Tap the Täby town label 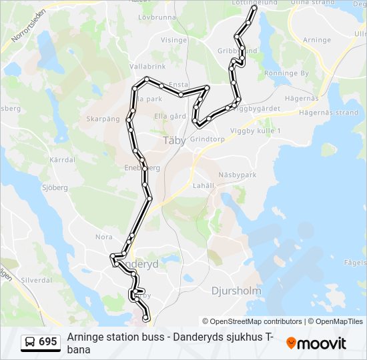[175, 141]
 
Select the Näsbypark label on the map [237, 175]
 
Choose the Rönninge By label [286, 73]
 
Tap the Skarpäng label [103, 119]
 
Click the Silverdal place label [37, 280]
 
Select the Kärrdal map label [62, 160]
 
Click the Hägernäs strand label [329, 113]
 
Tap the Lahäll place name [204, 185]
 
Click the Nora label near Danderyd [103, 237]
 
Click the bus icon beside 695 [30, 342]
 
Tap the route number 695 [48, 342]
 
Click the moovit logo [316, 343]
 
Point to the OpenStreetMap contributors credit [252, 321]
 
